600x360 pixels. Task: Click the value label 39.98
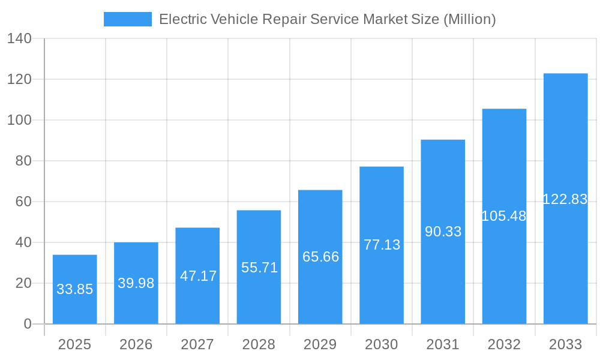pos(136,283)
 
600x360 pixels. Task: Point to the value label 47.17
pos(197,276)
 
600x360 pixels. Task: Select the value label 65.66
pos(320,257)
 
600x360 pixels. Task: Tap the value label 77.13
pos(382,245)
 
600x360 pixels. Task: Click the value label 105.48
pos(504,216)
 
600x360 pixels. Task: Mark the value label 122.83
pos(565,199)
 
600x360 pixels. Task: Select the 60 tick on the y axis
pos(23,202)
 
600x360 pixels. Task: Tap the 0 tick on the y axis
pos(28,324)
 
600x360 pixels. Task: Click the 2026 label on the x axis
pos(136,344)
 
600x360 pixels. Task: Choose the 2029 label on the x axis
pos(320,344)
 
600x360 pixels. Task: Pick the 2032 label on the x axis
pos(504,344)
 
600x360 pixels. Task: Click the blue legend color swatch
pos(127,19)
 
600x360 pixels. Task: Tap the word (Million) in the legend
pos(469,19)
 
